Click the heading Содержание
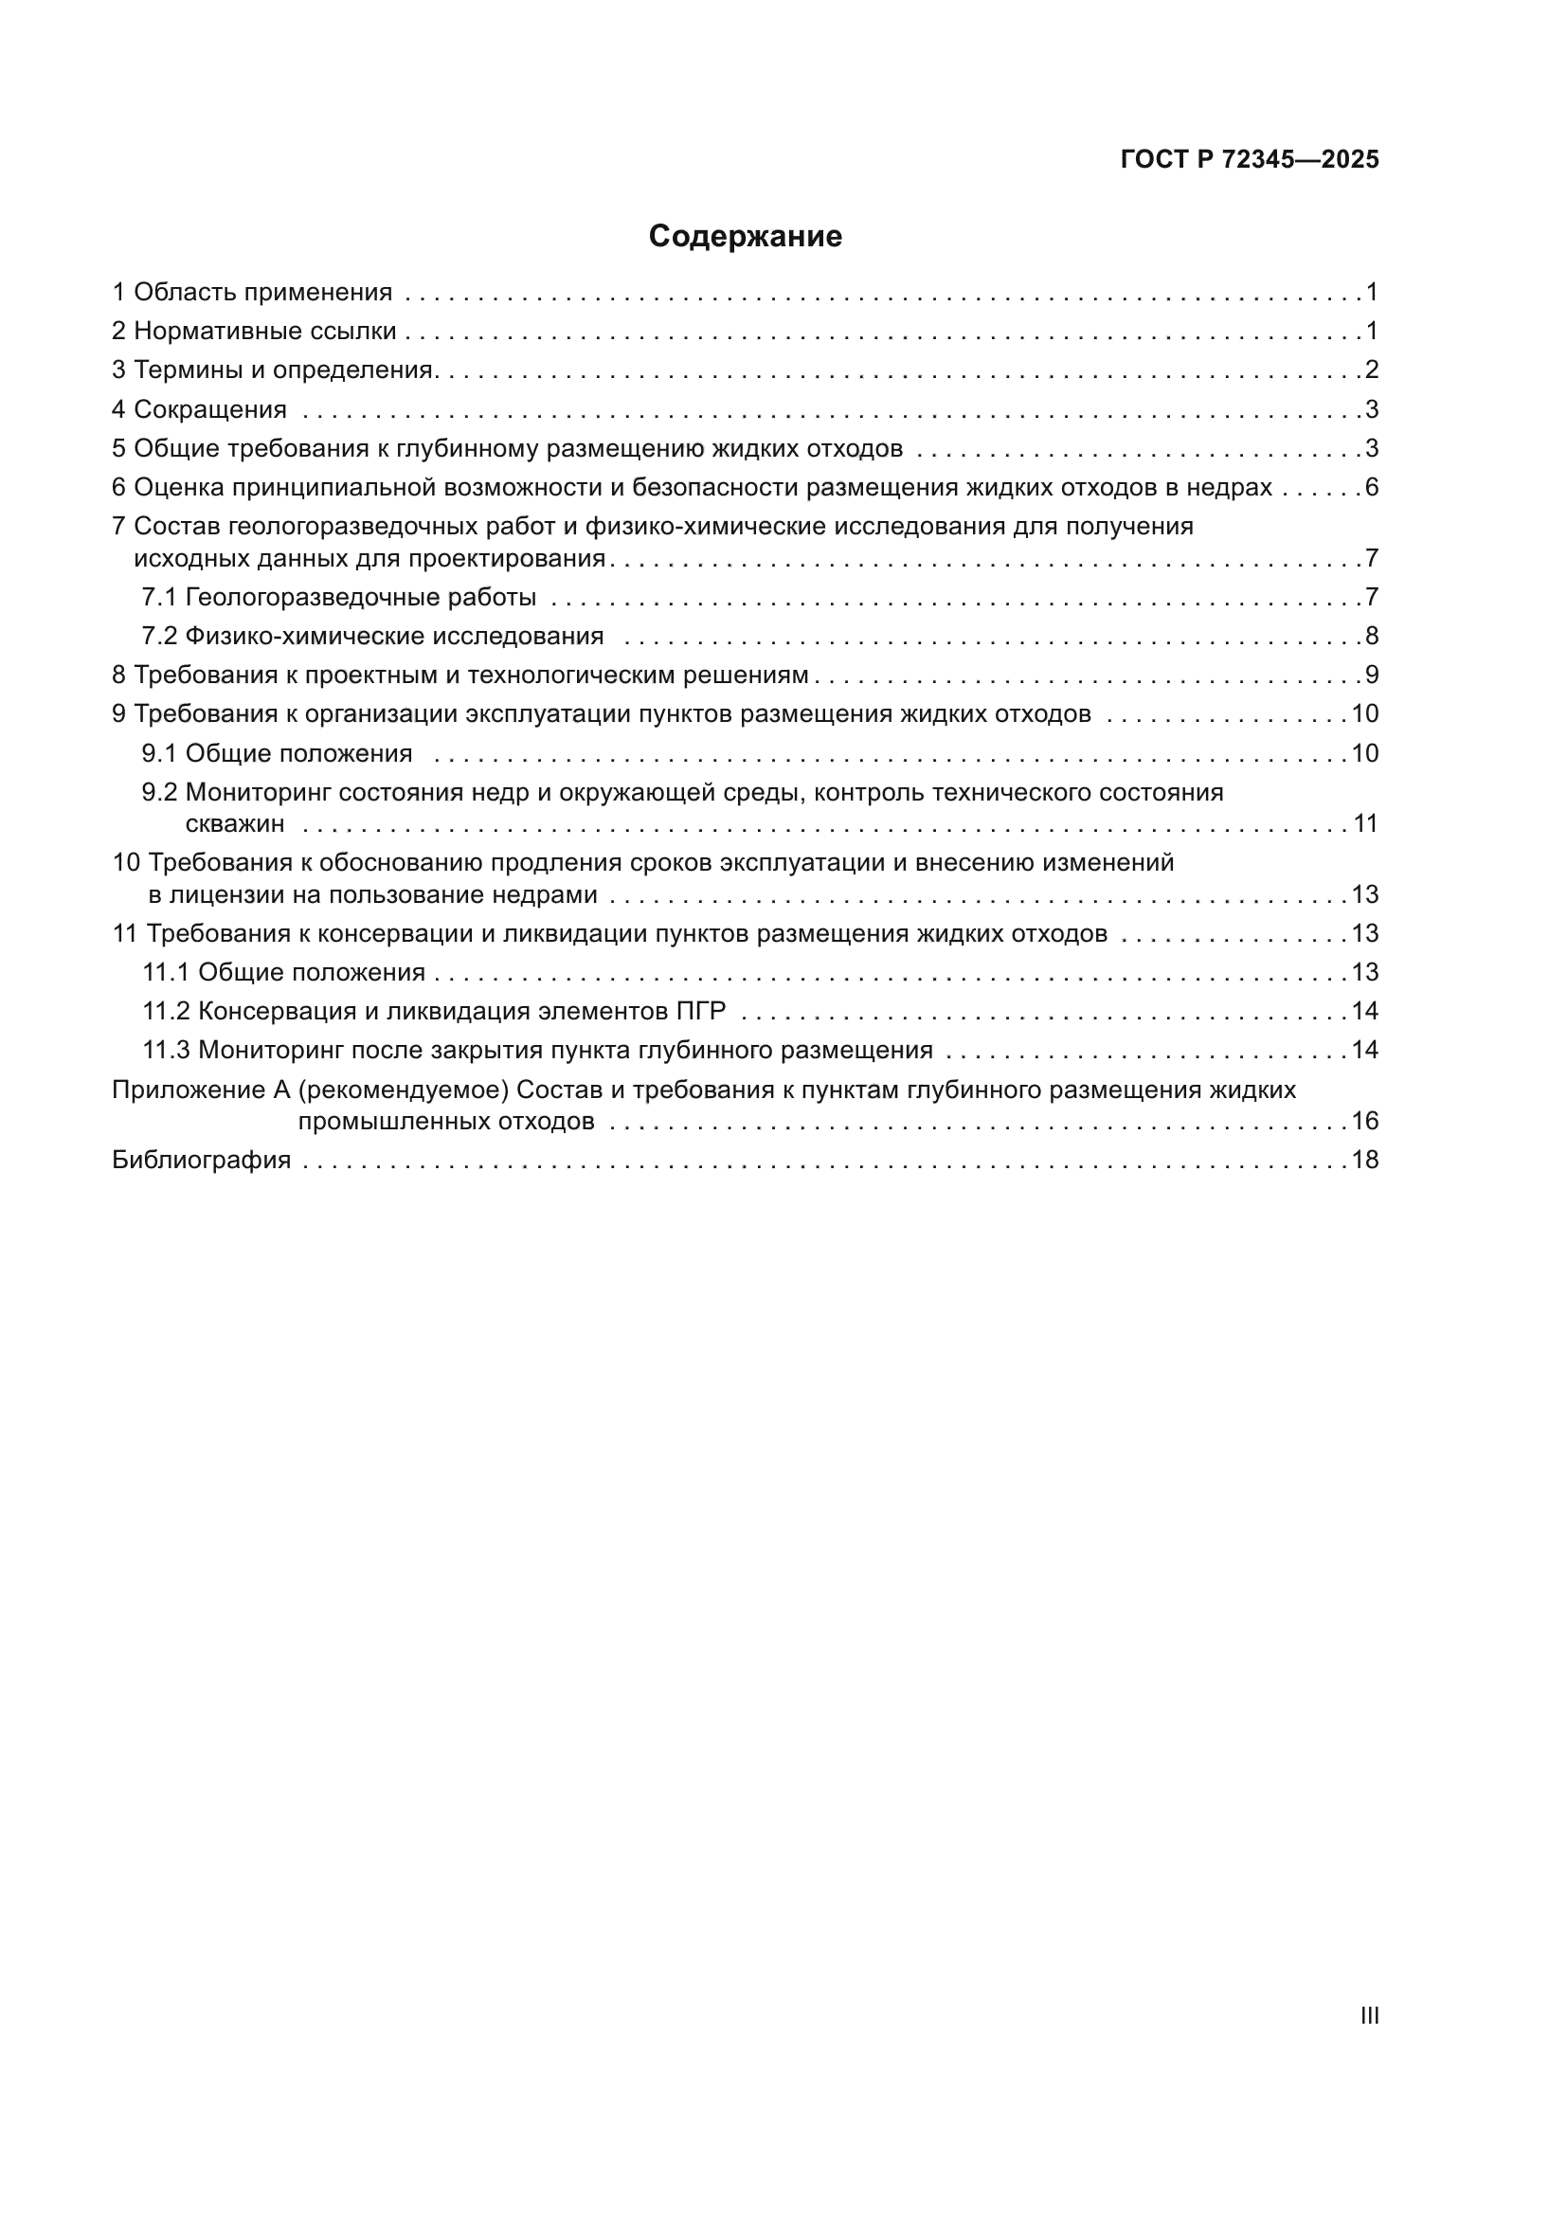tap(745, 237)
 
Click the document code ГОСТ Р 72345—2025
tap(1250, 160)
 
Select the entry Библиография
tap(202, 1161)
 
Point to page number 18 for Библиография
tap(1364, 1161)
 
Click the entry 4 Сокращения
tap(200, 410)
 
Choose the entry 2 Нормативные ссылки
tap(254, 332)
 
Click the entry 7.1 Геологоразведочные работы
tap(338, 598)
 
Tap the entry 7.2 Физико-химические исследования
tap(372, 637)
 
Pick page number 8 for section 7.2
tap(1371, 637)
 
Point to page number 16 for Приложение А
tap(1364, 1122)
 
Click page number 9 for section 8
tap(1371, 676)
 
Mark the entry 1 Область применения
tap(252, 293)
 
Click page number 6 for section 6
tap(1371, 488)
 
